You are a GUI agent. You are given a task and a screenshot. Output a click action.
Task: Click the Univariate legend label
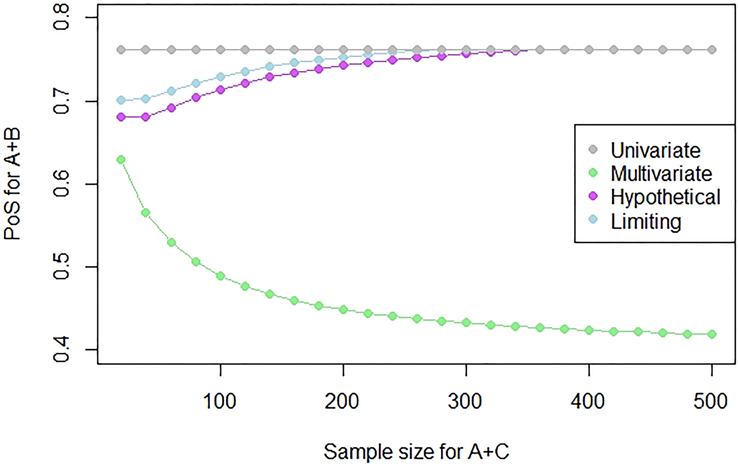(655, 150)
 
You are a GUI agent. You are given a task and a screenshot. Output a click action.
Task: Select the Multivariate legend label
(661, 174)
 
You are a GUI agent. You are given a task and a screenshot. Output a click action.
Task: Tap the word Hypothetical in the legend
(665, 197)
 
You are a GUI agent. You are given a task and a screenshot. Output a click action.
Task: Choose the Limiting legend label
(646, 222)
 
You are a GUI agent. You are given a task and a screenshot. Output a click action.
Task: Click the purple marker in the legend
(593, 196)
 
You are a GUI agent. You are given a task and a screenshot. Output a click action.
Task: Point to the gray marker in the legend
(593, 150)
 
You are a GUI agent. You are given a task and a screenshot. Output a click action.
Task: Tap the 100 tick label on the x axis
(220, 402)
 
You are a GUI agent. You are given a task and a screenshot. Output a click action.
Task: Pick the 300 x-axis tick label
(465, 402)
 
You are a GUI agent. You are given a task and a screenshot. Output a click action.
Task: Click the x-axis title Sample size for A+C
(416, 452)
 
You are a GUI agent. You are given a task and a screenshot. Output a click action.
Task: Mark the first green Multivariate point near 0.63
(121, 160)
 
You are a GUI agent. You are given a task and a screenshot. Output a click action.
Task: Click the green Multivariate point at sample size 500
(712, 334)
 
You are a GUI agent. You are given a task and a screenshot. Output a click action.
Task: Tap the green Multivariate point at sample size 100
(220, 276)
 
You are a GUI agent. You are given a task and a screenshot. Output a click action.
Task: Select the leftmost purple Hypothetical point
(121, 117)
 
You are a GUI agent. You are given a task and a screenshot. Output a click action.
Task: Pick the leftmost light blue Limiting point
(121, 100)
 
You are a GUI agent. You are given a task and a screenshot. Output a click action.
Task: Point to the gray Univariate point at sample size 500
(712, 50)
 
